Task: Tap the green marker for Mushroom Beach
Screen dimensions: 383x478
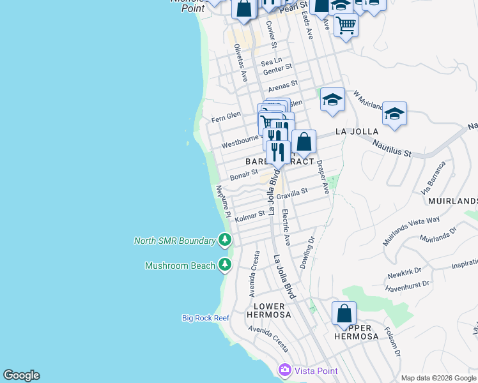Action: click(x=224, y=264)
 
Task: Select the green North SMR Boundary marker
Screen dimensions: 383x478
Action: click(x=224, y=240)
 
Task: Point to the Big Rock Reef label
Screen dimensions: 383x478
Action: click(x=205, y=317)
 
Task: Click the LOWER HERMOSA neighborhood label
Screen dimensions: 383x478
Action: click(x=268, y=311)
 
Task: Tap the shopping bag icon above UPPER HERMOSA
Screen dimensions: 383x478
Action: click(x=344, y=314)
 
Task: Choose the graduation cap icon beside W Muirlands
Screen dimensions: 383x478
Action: click(x=332, y=100)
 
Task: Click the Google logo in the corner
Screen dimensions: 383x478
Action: click(x=21, y=375)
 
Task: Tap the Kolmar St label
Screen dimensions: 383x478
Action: click(x=250, y=216)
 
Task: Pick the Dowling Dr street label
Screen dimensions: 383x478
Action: click(x=308, y=252)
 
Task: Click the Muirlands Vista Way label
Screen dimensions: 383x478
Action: click(x=411, y=230)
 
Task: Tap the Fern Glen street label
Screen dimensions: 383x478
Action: click(x=226, y=117)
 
